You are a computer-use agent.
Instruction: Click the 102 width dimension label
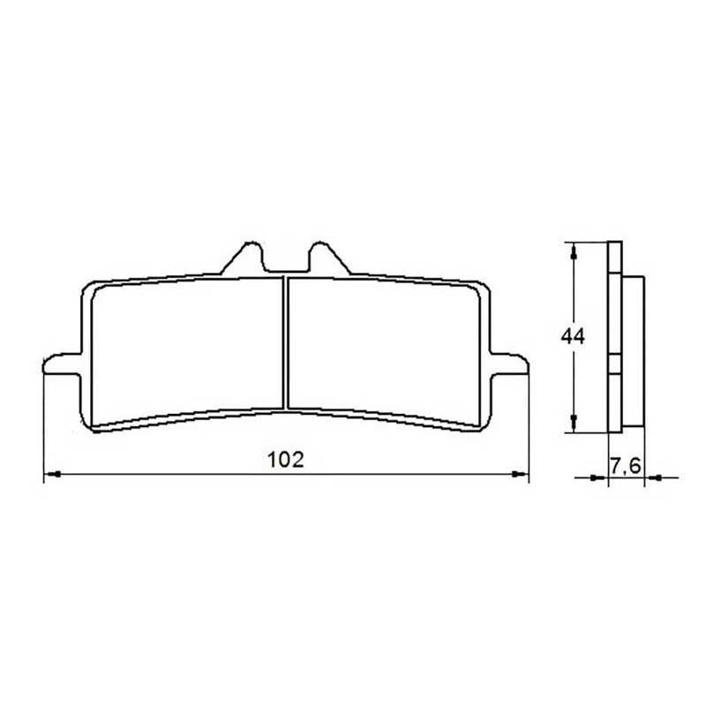point(286,460)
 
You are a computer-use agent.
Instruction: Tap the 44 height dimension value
point(573,336)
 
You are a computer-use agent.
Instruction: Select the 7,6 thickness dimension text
point(626,467)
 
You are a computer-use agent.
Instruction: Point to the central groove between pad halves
point(285,343)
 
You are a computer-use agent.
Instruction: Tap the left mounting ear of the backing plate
point(62,364)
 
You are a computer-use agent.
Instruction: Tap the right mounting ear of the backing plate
point(509,364)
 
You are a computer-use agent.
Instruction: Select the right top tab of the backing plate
point(329,258)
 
